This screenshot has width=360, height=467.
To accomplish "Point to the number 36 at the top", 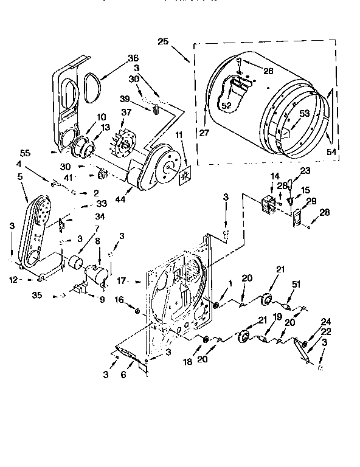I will (x=134, y=58).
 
